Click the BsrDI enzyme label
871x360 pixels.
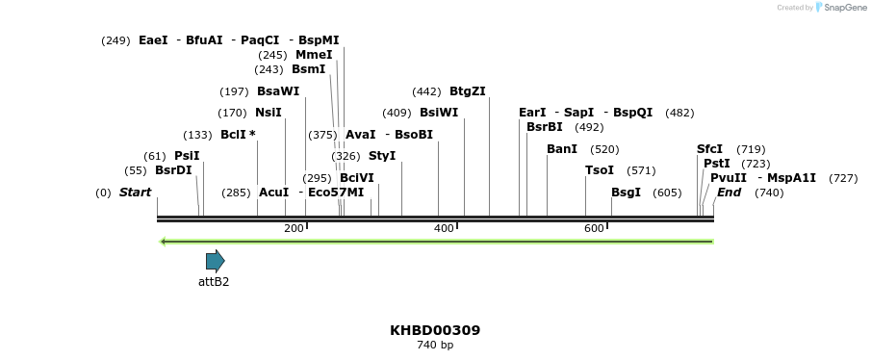point(173,170)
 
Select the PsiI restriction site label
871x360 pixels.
point(187,156)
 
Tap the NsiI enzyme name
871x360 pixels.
point(269,113)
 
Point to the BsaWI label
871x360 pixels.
point(278,91)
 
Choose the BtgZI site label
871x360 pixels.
point(468,91)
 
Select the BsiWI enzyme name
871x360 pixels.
point(439,113)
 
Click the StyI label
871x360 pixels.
point(382,156)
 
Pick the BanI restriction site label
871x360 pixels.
point(562,149)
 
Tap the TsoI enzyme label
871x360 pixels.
point(600,170)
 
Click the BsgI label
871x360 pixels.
point(626,193)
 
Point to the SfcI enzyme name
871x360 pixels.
point(709,149)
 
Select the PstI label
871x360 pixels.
point(717,164)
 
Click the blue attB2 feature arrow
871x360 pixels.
point(215,261)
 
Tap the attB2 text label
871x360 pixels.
point(214,282)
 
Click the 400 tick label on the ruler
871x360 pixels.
point(444,228)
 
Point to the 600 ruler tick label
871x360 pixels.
point(594,228)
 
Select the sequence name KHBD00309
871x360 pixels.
point(435,330)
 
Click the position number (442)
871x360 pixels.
point(426,91)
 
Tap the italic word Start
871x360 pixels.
point(135,193)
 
